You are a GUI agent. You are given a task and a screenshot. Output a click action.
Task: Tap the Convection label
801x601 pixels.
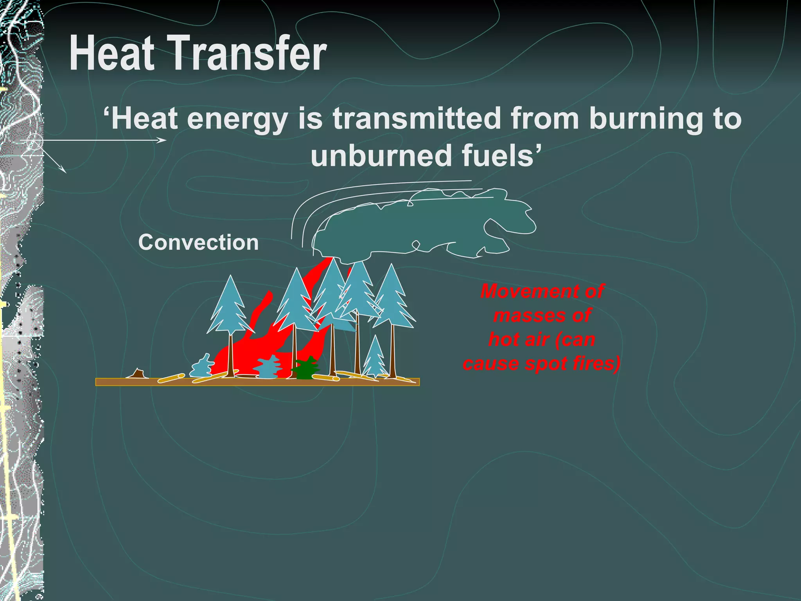198,242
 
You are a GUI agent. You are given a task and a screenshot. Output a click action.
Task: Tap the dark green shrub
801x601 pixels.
307,369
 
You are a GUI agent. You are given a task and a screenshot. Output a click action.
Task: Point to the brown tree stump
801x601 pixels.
137,374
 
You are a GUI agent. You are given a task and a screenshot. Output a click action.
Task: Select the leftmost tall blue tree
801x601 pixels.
230,309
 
